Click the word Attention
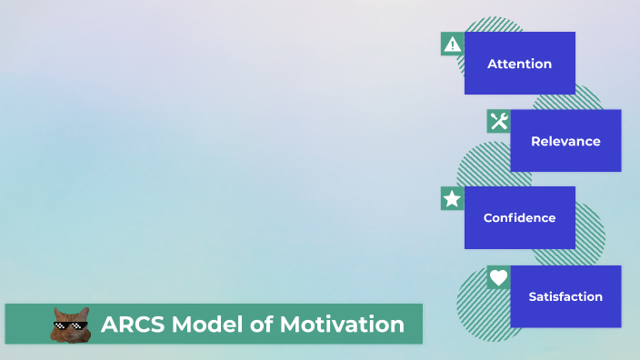(519, 64)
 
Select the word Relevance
(565, 141)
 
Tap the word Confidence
(519, 218)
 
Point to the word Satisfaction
(565, 296)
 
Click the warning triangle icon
(452, 44)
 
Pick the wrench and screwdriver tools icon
(498, 121)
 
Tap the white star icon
(452, 198)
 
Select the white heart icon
(498, 277)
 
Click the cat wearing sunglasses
(69, 325)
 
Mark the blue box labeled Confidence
(519, 235)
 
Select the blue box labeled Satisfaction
(565, 314)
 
